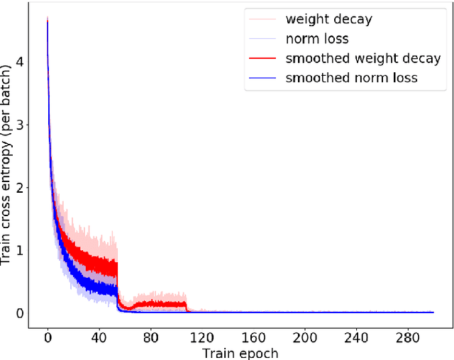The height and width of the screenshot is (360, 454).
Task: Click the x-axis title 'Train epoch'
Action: (x=240, y=352)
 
